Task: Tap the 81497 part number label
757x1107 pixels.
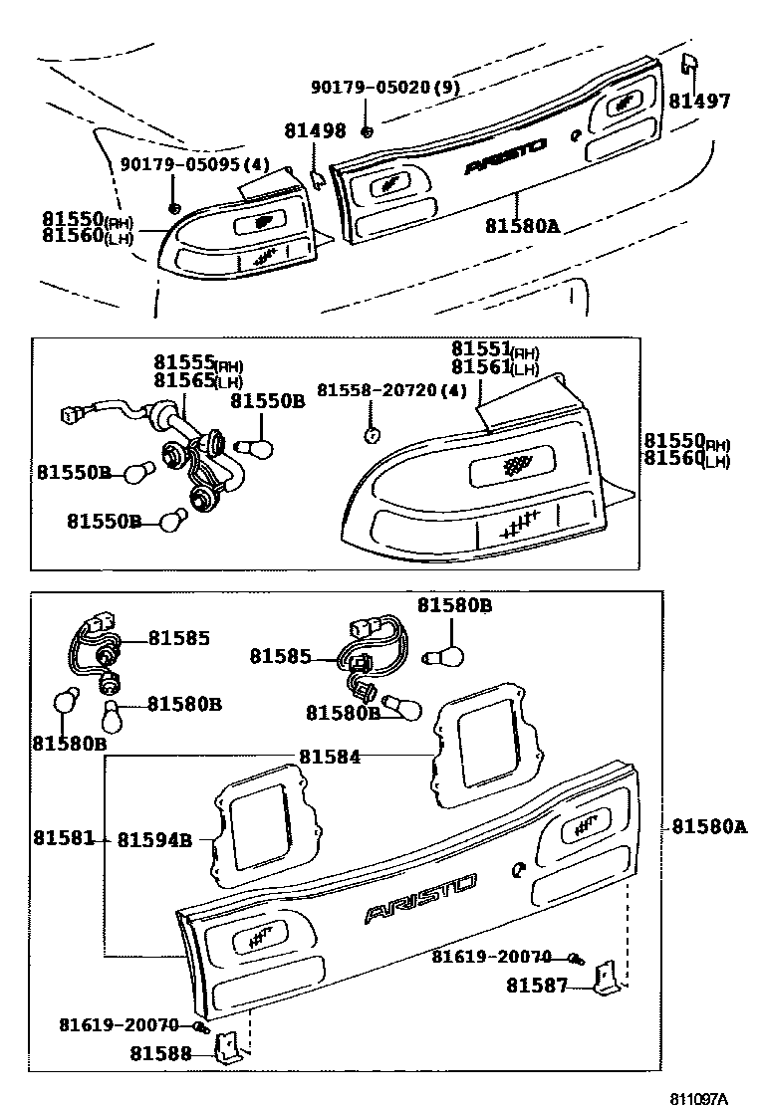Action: [x=699, y=101]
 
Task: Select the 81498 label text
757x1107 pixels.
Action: [x=315, y=130]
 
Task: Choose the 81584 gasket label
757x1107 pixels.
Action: [x=329, y=756]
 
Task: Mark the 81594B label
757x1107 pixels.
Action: [x=154, y=840]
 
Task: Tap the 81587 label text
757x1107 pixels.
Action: [x=536, y=986]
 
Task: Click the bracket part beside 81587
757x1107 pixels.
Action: [x=605, y=980]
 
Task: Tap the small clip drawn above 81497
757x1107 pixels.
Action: [x=687, y=65]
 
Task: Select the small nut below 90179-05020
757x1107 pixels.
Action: [x=368, y=131]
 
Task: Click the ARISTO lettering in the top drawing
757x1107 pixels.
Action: [x=505, y=156]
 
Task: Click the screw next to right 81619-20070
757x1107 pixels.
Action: [x=576, y=958]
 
